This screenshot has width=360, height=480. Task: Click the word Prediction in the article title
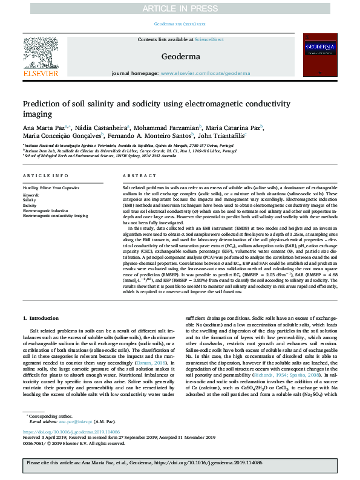(42, 104)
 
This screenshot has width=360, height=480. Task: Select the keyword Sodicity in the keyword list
(30, 206)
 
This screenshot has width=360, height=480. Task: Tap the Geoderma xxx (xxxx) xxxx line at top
(180, 24)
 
